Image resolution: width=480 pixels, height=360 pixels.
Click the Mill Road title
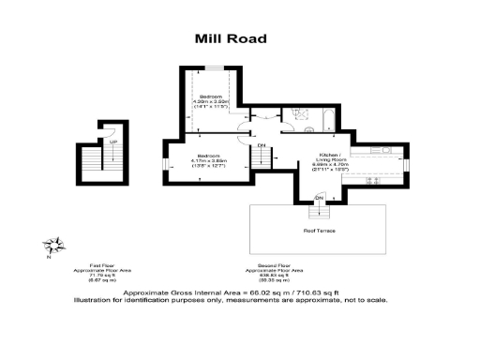click(x=231, y=38)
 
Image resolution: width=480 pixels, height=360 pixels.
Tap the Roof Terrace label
click(x=319, y=230)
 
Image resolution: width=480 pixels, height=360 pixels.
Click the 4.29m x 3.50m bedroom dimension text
click(x=211, y=104)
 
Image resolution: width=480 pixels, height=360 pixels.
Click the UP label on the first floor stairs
click(x=113, y=142)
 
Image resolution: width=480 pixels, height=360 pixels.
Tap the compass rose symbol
click(x=56, y=247)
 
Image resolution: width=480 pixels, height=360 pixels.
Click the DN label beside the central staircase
click(x=262, y=145)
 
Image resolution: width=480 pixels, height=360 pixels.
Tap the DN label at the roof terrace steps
click(x=319, y=198)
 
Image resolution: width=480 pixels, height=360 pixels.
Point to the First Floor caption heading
click(x=101, y=265)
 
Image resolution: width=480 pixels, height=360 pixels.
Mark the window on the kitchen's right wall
click(x=406, y=163)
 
